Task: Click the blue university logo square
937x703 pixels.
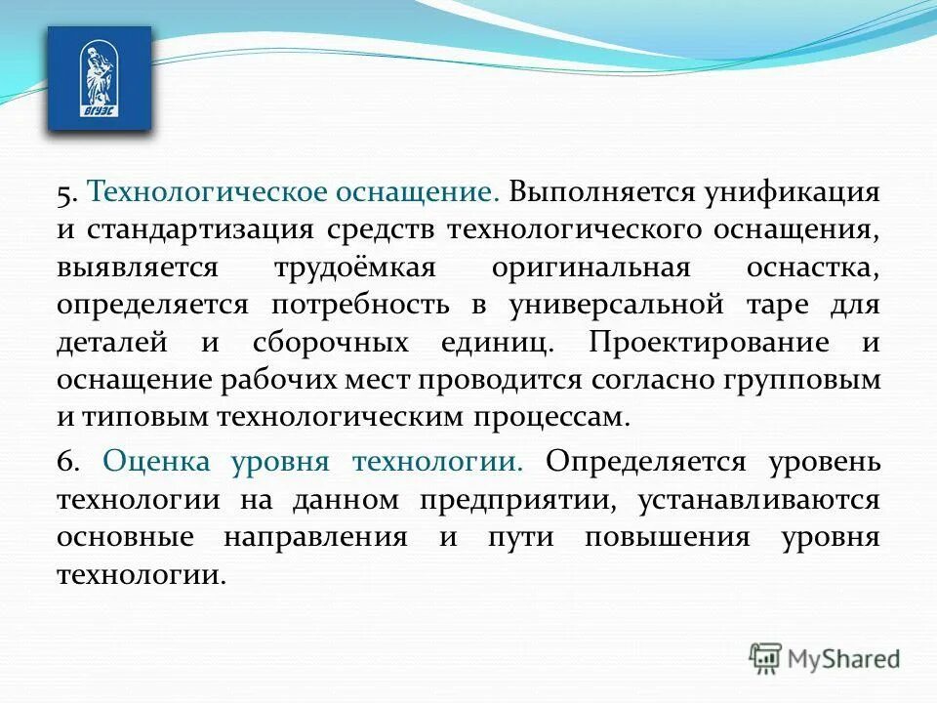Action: tap(100, 78)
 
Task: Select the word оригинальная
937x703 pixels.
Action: tap(591, 268)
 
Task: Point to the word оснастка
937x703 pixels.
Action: tap(811, 268)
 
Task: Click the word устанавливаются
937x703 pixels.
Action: tap(760, 500)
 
